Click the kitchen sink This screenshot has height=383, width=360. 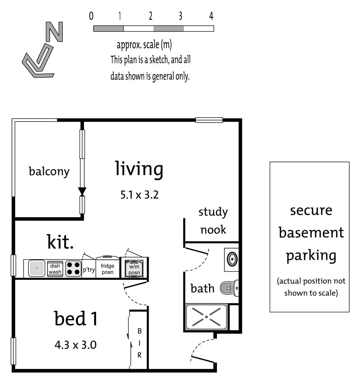(x=37, y=268)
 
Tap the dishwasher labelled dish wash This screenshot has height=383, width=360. (x=55, y=269)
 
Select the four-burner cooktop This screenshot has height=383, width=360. (x=73, y=269)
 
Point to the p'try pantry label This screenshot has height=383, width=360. (x=89, y=270)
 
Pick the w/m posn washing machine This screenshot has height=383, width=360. (x=134, y=268)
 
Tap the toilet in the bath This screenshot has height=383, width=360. (x=229, y=288)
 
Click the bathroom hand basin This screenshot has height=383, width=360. (x=232, y=259)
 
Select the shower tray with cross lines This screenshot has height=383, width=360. (x=206, y=317)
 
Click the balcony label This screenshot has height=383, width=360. (x=49, y=172)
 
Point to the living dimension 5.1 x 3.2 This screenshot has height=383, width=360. (x=139, y=195)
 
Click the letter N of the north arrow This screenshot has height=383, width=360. (x=54, y=32)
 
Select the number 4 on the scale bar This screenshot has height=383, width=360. (x=211, y=16)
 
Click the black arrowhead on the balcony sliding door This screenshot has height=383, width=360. (x=82, y=191)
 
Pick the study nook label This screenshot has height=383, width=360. (x=213, y=221)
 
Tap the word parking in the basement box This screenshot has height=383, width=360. (x=311, y=256)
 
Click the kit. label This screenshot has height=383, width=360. (x=60, y=242)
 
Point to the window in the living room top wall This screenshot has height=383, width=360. (x=209, y=120)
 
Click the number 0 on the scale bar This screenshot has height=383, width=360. (x=91, y=16)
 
